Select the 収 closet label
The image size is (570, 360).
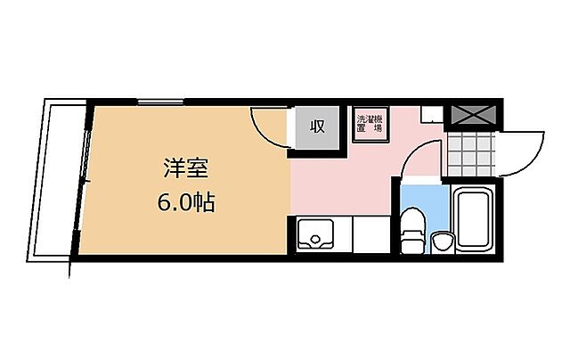coord(316,127)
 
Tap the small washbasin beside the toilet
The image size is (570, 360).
coord(440,239)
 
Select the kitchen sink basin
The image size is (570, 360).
coord(313,236)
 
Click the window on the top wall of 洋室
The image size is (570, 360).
coord(161,102)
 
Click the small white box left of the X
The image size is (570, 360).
coord(431,114)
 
